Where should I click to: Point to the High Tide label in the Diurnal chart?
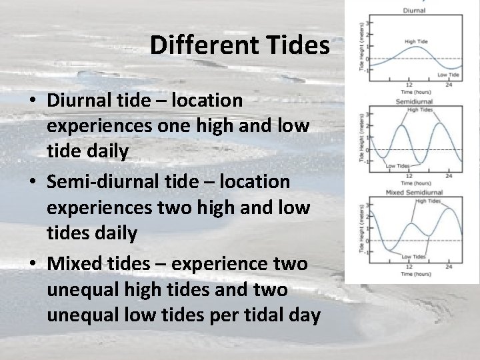tap(417, 41)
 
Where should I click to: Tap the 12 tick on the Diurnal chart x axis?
tap(408, 85)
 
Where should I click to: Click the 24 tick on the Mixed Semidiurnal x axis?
tap(449, 267)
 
